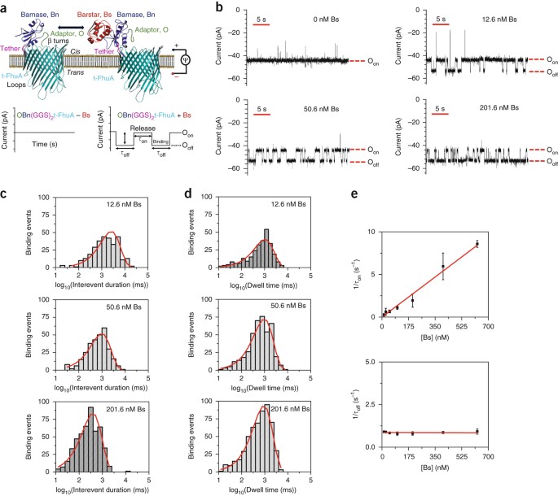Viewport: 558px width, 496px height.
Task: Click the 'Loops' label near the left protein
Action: pyautogui.click(x=19, y=127)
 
